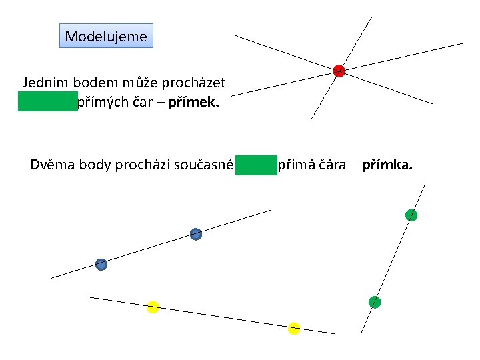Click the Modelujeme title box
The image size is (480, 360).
(106, 36)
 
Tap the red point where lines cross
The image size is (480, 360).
(339, 71)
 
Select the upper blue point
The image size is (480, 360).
(195, 234)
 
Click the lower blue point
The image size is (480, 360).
(101, 264)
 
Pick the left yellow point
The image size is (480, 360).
(153, 307)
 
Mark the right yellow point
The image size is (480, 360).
(294, 328)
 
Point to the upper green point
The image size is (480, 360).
(411, 215)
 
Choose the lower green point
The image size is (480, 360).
(375, 302)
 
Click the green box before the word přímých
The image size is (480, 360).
(47, 102)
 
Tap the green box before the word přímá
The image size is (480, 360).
(255, 164)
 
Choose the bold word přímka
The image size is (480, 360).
(387, 164)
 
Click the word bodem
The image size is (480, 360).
(93, 83)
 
